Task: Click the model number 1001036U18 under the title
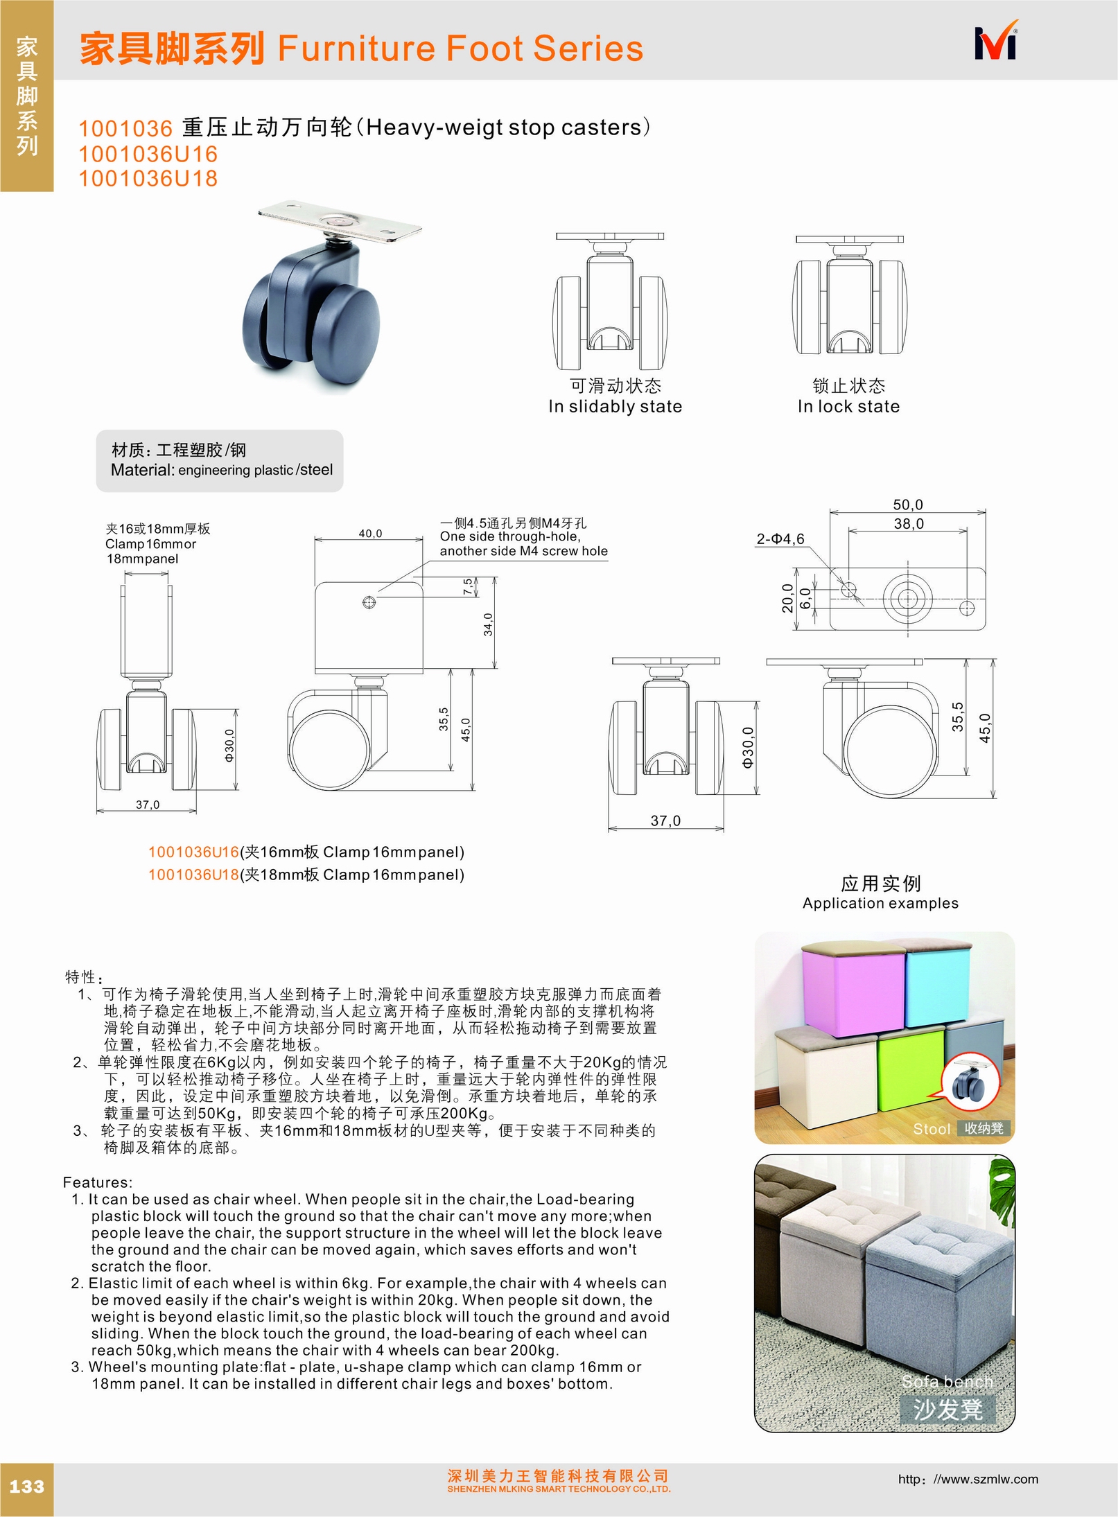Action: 148,179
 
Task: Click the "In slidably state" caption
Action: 615,407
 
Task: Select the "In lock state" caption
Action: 848,407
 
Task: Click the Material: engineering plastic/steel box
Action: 220,461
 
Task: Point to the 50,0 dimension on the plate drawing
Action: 907,505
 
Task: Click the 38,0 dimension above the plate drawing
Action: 908,524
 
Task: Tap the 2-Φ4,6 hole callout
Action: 780,539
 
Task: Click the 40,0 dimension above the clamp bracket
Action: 370,534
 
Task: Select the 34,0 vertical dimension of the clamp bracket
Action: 488,624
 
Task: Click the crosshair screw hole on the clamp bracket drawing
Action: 369,602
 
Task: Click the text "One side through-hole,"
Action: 509,536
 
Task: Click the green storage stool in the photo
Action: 910,1071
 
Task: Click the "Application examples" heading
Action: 880,904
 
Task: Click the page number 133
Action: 26,1487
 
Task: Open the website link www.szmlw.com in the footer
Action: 968,1480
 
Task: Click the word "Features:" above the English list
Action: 98,1182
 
